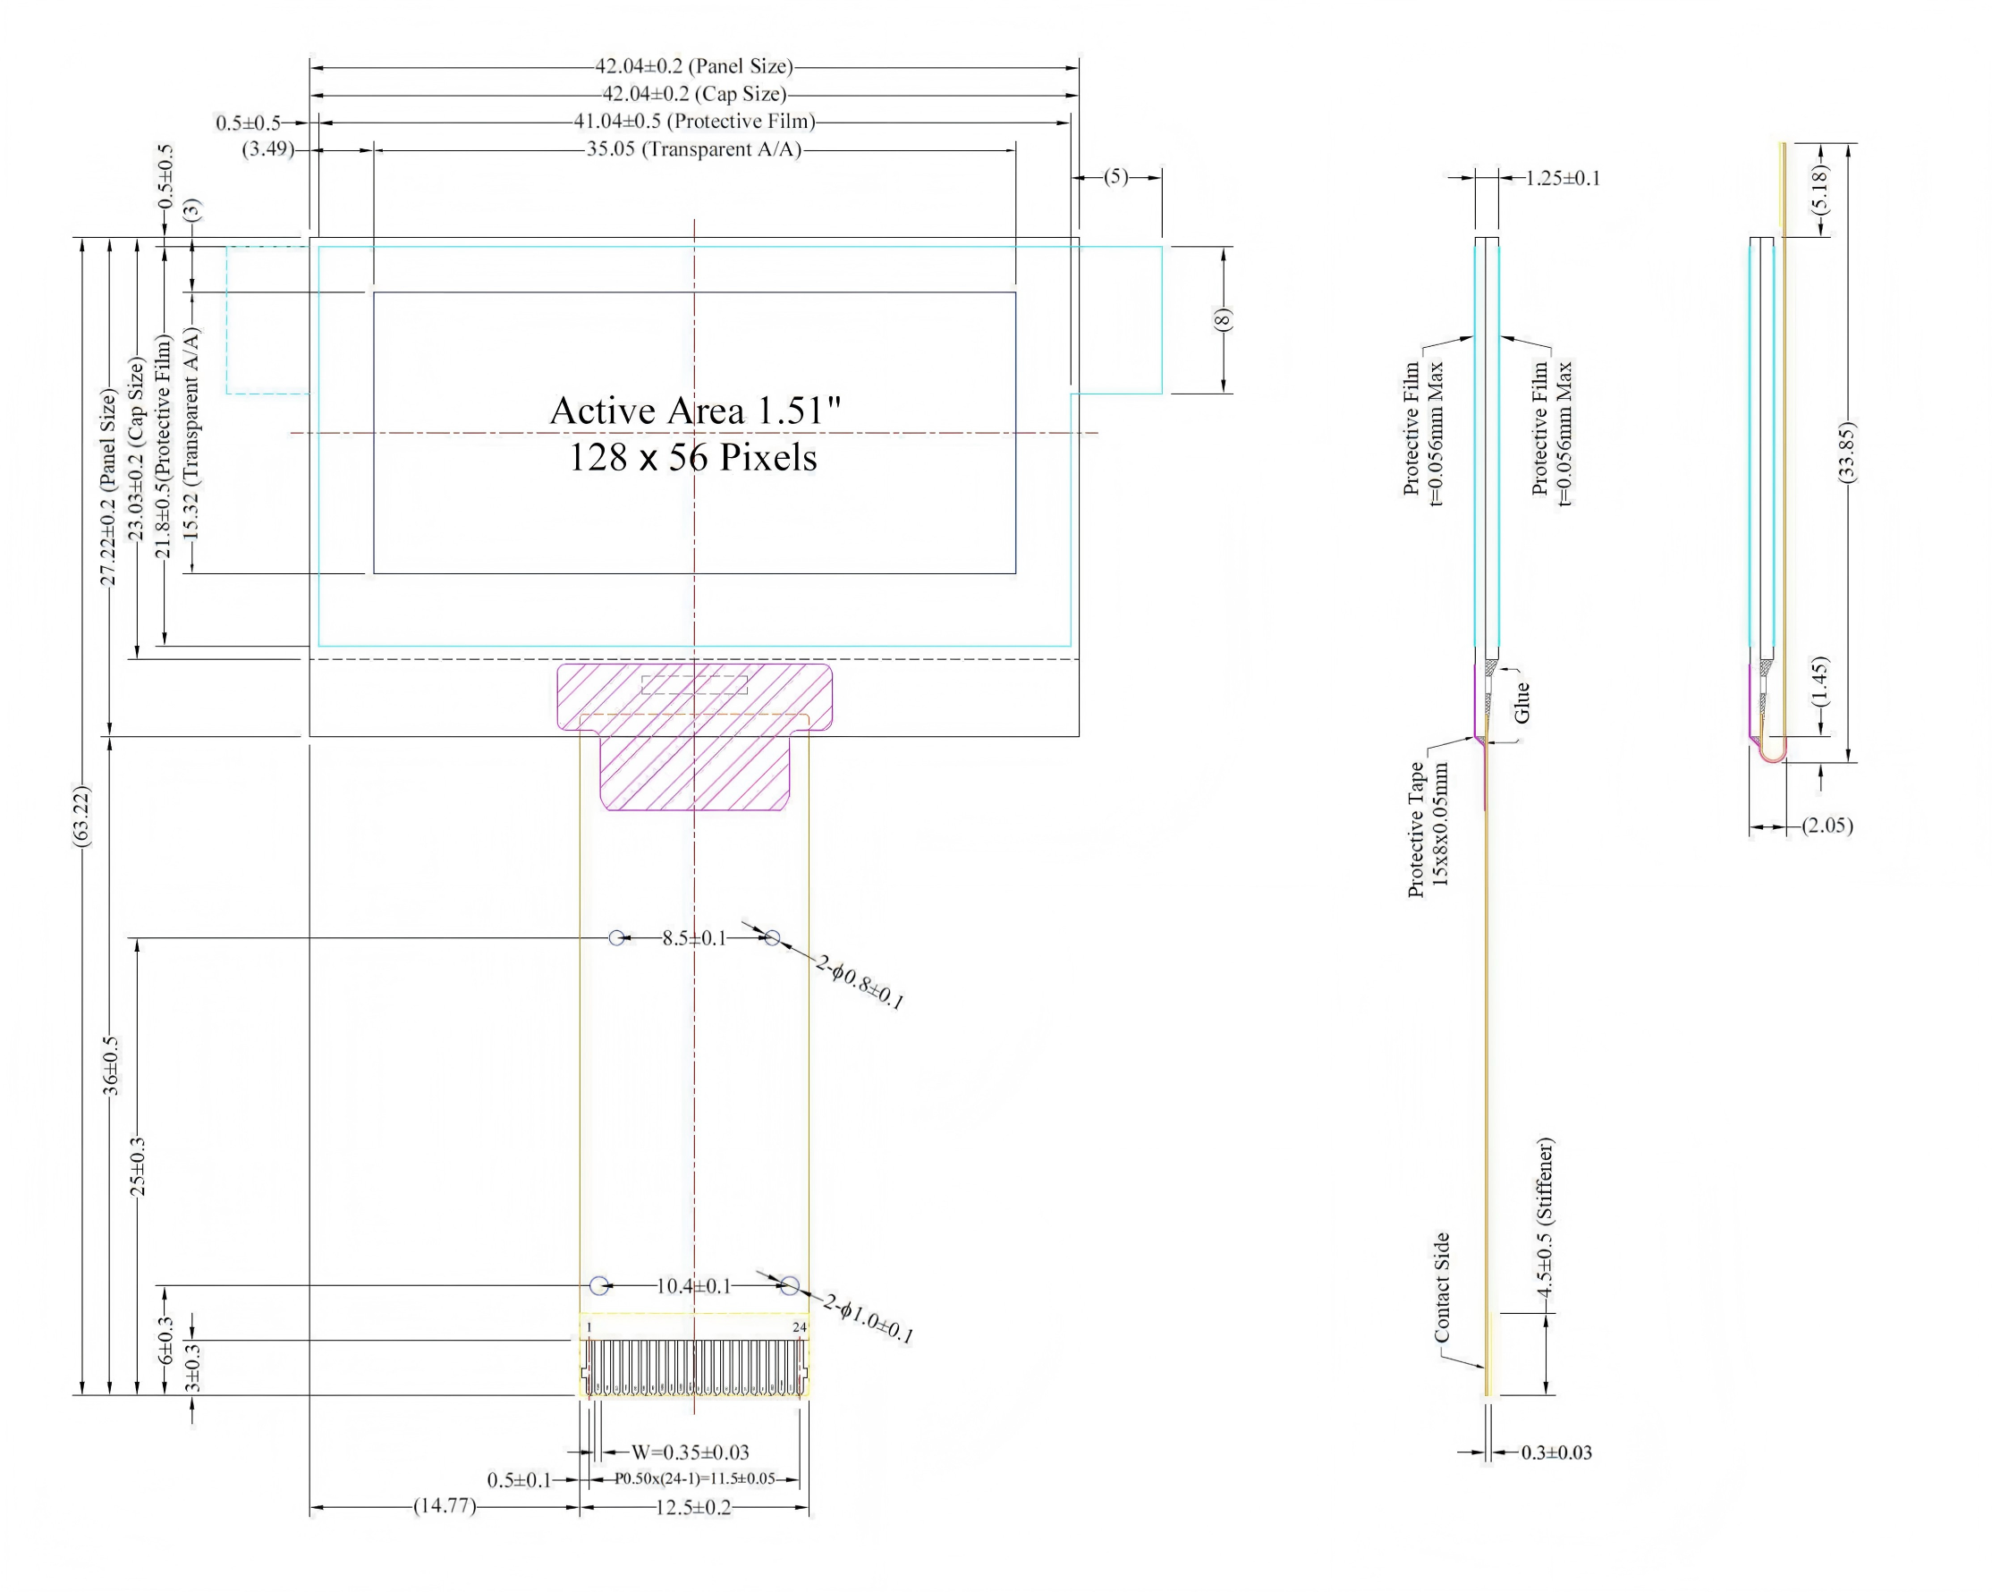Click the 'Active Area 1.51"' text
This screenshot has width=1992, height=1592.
[x=695, y=411]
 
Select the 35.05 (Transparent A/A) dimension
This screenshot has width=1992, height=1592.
[x=694, y=149]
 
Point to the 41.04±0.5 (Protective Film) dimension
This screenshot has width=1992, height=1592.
[x=694, y=121]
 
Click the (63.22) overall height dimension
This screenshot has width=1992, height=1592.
[x=82, y=816]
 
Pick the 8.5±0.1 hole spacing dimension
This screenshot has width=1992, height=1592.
[x=694, y=939]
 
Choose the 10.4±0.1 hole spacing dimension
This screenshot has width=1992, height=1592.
[x=694, y=1286]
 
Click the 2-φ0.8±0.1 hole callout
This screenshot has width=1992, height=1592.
[x=860, y=981]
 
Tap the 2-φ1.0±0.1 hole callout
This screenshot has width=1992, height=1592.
[x=869, y=1319]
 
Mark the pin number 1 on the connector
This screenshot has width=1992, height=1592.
[x=589, y=1328]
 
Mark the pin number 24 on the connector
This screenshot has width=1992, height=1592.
[x=799, y=1328]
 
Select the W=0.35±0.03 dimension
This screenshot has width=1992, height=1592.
[x=691, y=1452]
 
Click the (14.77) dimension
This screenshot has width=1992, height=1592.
[x=445, y=1506]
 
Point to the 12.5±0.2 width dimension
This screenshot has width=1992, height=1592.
[x=694, y=1508]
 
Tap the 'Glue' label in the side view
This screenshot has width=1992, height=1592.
[x=1522, y=703]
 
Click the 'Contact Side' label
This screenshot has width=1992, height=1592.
[x=1441, y=1288]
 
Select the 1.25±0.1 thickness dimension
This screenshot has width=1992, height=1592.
[x=1563, y=178]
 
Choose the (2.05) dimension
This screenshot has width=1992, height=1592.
[x=1827, y=826]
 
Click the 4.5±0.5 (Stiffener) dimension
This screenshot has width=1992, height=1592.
[x=1546, y=1218]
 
